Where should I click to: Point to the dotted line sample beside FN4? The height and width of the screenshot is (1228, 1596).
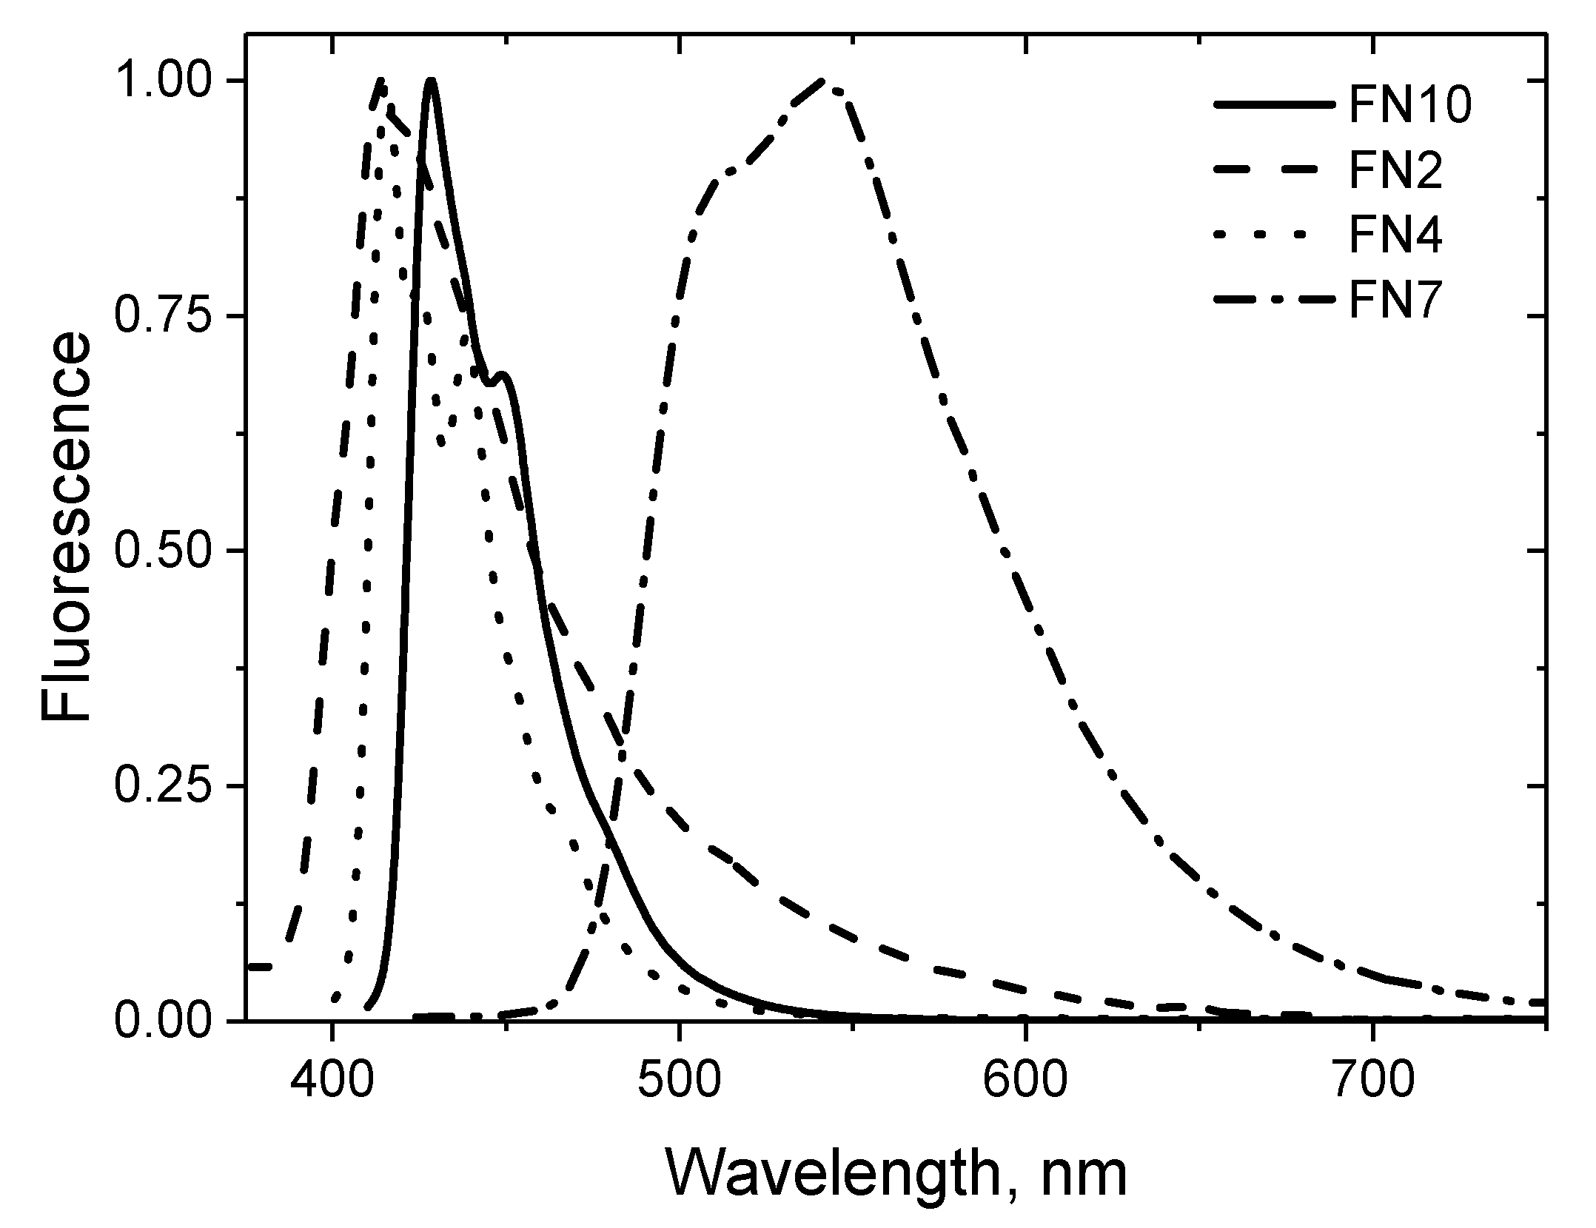click(1277, 238)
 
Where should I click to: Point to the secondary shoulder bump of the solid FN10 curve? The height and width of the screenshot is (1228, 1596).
click(504, 375)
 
